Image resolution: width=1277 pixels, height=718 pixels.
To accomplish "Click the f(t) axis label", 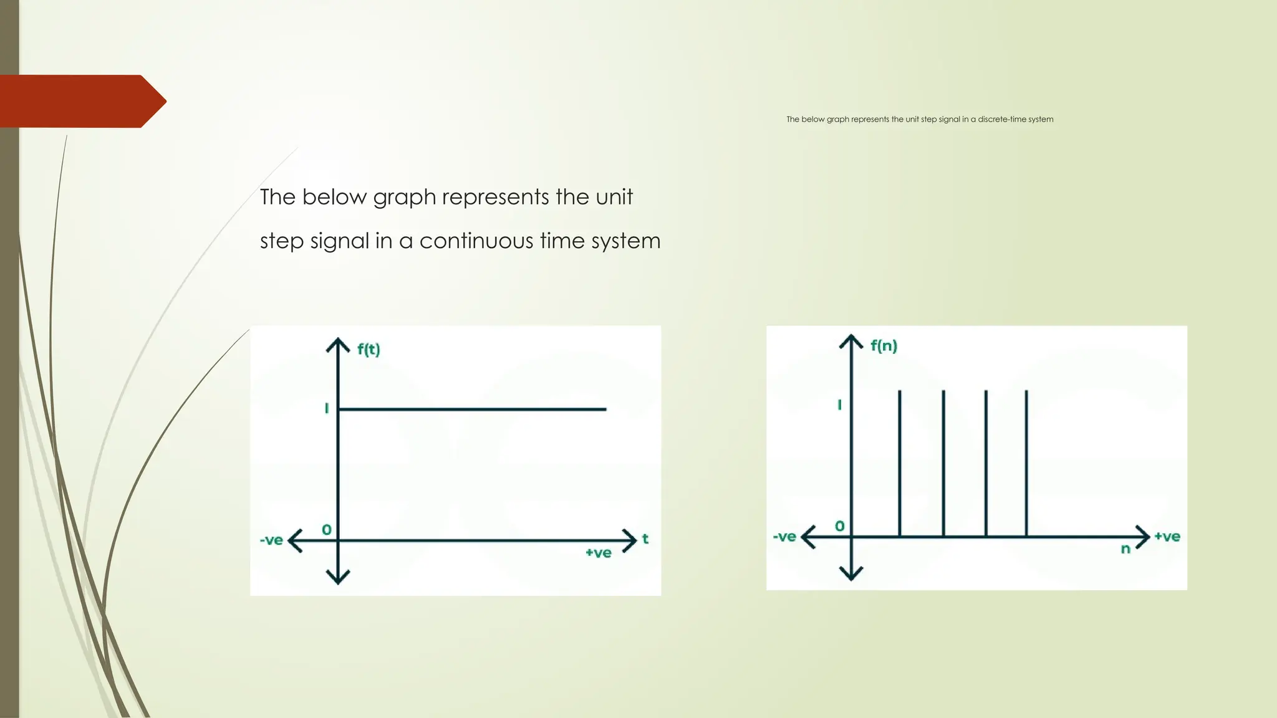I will (369, 349).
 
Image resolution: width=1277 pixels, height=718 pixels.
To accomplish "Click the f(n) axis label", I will (884, 345).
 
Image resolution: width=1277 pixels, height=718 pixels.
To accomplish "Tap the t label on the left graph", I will (645, 538).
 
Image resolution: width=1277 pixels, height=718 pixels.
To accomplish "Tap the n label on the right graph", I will (1125, 549).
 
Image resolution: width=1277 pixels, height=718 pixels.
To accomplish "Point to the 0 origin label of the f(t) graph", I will (327, 530).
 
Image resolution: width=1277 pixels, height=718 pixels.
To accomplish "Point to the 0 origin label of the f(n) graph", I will (840, 526).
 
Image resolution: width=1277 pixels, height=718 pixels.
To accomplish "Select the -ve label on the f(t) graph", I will (271, 540).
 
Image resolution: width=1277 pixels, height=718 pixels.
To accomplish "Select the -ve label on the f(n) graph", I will (784, 537).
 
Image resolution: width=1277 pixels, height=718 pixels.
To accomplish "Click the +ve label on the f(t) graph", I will (598, 553).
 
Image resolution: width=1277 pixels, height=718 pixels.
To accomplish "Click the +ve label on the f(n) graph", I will (1167, 537).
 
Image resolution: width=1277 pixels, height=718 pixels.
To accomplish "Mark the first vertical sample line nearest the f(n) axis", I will (900, 462).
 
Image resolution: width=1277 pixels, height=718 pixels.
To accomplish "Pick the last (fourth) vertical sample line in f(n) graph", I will (1026, 462).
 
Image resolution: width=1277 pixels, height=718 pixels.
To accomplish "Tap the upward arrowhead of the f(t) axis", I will (338, 343).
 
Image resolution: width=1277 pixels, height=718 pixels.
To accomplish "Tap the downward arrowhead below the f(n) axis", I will (851, 574).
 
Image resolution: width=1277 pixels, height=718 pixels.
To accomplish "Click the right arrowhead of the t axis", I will (630, 540).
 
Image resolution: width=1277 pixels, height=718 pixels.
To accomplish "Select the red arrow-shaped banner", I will (78, 101).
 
